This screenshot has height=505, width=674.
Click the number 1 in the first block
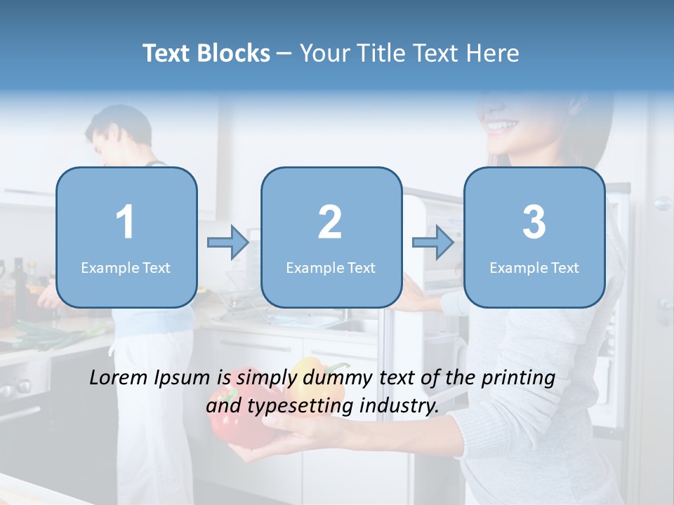click(x=125, y=222)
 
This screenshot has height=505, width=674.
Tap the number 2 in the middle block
click(x=330, y=222)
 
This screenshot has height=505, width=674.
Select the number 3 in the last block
click(x=534, y=222)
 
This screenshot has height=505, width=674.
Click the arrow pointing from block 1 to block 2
click(x=228, y=243)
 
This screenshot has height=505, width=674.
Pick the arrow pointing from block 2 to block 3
click(x=433, y=243)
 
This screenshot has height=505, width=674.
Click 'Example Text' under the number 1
click(x=126, y=267)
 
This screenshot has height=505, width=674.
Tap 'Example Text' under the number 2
click(x=331, y=267)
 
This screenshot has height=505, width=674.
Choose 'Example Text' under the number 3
click(x=534, y=267)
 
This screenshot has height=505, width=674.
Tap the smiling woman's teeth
click(x=502, y=127)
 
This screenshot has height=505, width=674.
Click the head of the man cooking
click(x=119, y=133)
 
